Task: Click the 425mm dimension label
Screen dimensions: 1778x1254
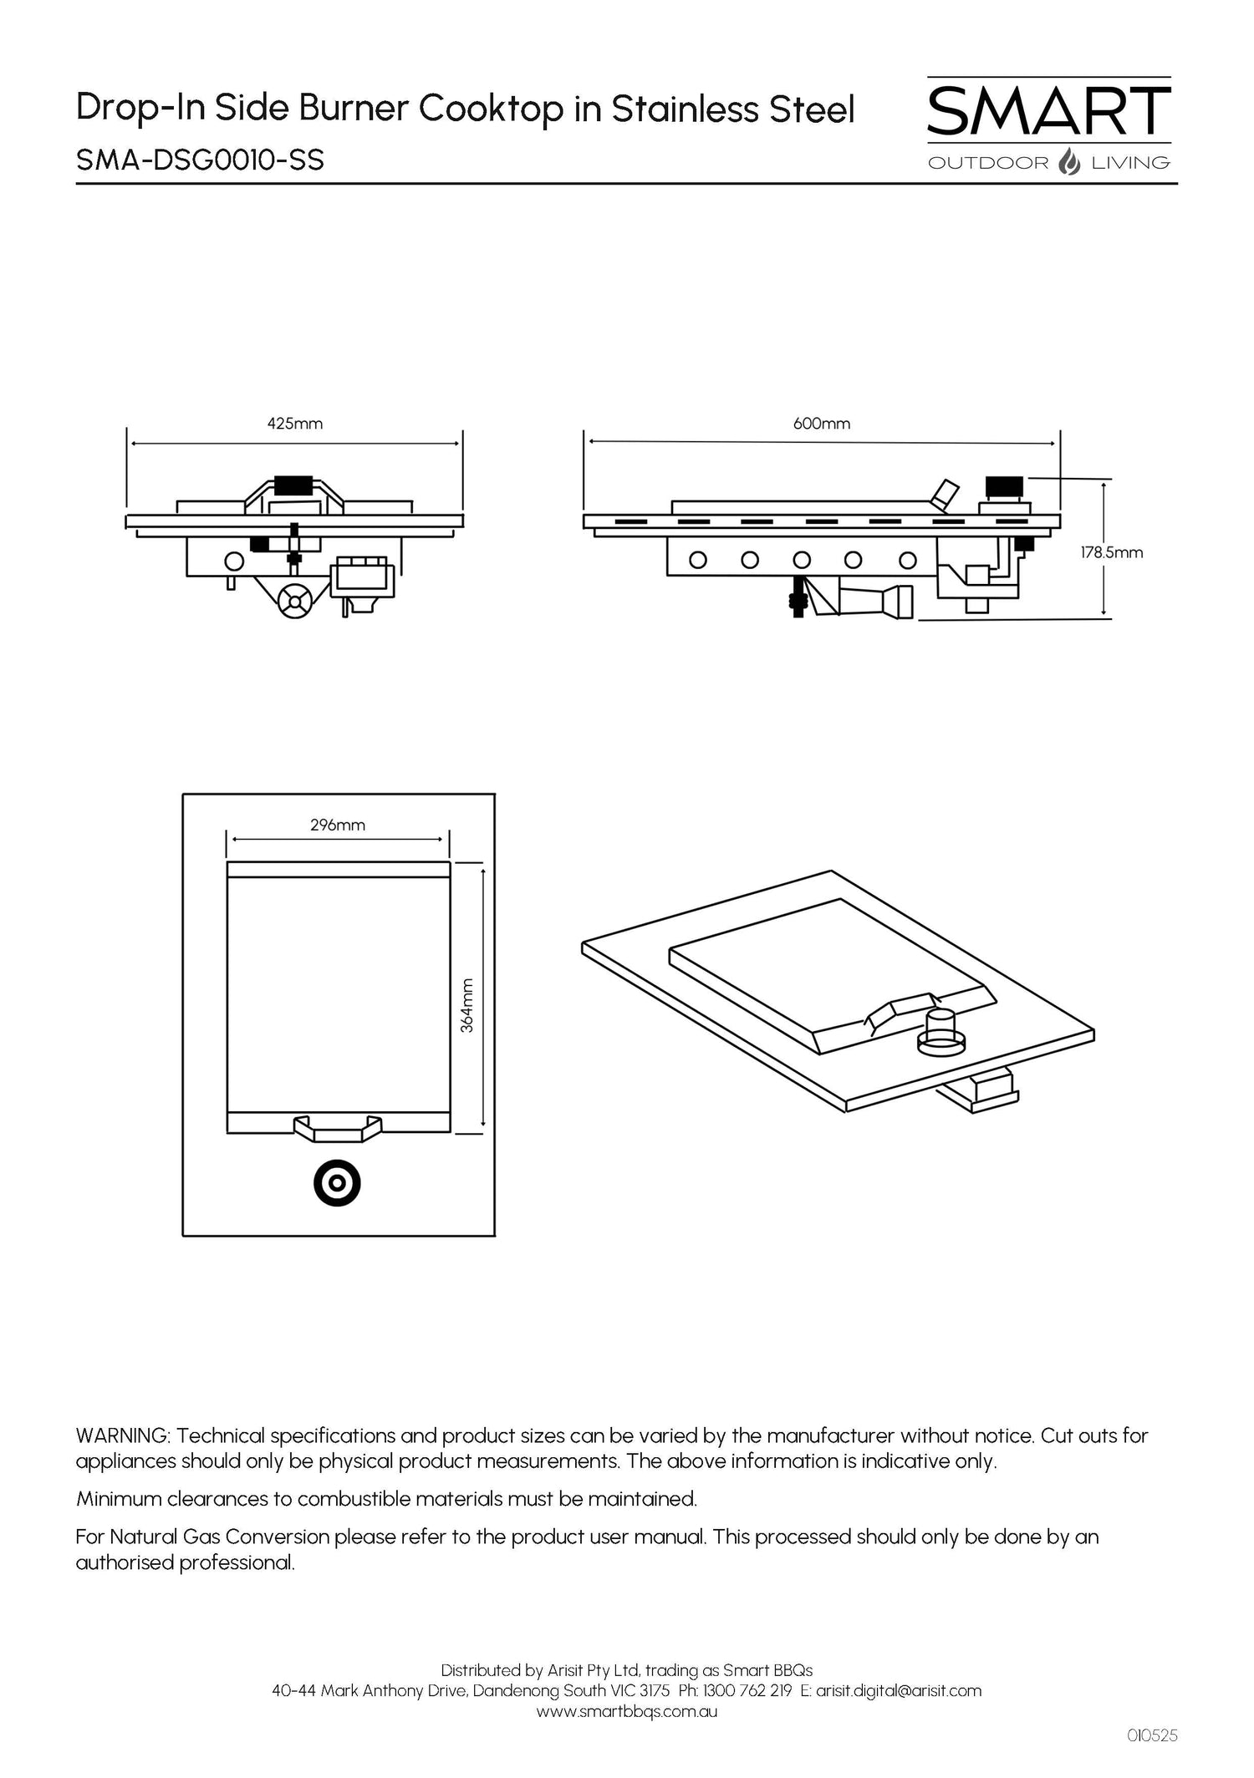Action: pos(294,424)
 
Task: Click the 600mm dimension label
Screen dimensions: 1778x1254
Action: pos(822,424)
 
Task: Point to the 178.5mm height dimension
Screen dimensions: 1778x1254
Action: pos(1111,552)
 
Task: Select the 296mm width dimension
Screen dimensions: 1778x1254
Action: pos(338,825)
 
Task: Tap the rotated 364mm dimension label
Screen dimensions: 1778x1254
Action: pos(467,1005)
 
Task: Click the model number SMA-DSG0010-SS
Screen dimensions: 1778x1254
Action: pos(200,159)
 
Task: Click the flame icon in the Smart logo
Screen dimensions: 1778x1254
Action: pos(1069,161)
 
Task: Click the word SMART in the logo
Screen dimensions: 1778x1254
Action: pos(1048,112)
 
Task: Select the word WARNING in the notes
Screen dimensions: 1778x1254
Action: pos(123,1436)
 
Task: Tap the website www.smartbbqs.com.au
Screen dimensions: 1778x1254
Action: pos(626,1711)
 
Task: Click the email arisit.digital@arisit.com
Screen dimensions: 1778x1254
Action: pos(898,1690)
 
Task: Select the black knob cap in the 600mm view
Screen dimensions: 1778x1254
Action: pos(1004,485)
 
